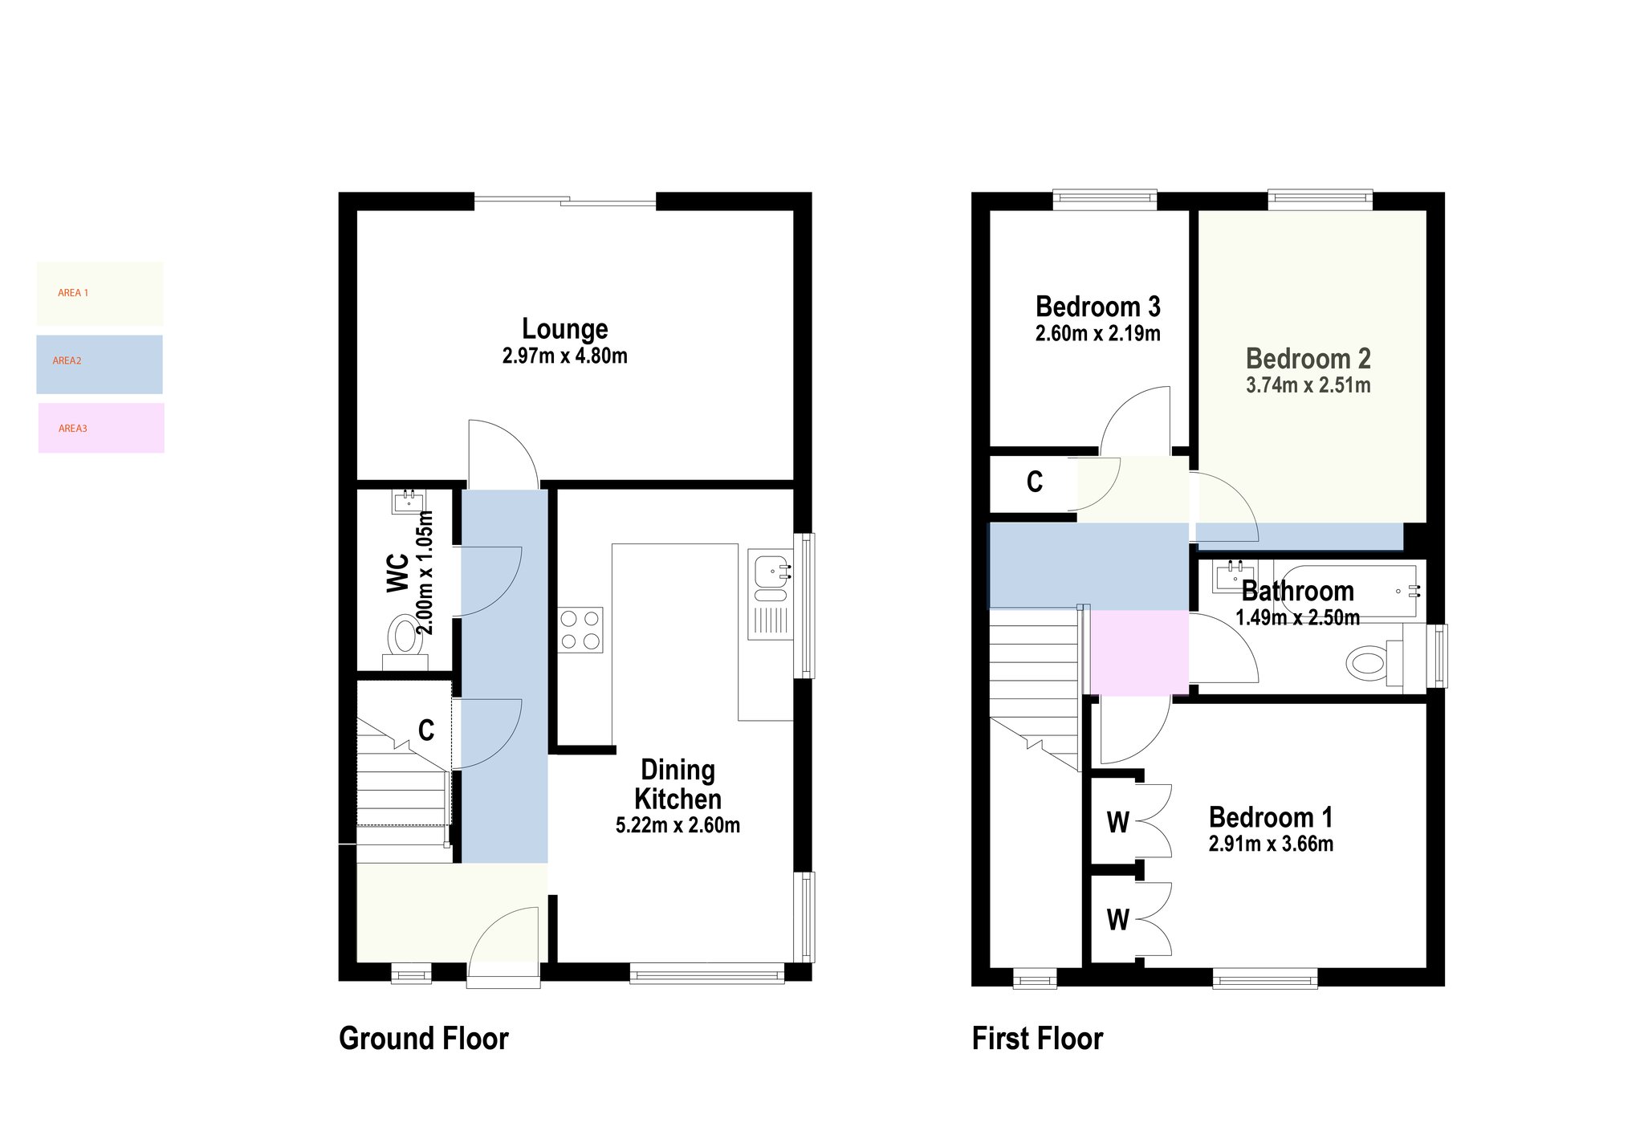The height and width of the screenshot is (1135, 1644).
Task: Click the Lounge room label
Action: pos(564,329)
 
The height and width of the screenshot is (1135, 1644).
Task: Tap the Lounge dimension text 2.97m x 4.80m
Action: pos(564,356)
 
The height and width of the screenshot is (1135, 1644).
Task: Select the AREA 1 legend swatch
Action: pos(100,293)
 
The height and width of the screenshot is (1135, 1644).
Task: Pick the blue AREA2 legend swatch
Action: pos(100,364)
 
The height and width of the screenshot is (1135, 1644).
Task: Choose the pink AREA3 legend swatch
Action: pos(101,428)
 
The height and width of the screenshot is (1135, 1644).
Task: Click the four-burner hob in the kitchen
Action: pos(580,630)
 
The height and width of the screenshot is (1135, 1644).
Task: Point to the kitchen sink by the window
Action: pos(770,594)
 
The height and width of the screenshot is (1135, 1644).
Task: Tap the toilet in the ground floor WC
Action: pos(405,643)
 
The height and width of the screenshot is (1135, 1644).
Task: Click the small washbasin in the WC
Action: pos(409,502)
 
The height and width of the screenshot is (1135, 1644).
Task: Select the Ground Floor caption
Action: pos(424,1038)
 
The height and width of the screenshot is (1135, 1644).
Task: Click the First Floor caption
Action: pos(1037,1038)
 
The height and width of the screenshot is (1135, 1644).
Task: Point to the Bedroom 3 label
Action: pos(1097,307)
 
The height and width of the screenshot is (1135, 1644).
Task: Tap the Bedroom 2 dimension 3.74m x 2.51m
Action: pos(1308,385)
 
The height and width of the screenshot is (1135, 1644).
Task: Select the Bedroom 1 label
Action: pos(1271,817)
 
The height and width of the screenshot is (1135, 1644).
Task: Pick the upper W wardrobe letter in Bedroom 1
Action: pos(1117,823)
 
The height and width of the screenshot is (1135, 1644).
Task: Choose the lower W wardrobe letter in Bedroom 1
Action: pos(1117,920)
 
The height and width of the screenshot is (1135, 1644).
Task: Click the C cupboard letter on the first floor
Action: pos(1035,482)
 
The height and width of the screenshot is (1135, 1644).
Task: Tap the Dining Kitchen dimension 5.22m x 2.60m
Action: pos(678,825)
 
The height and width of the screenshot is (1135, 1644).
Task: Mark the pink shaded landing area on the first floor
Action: pos(1139,653)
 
